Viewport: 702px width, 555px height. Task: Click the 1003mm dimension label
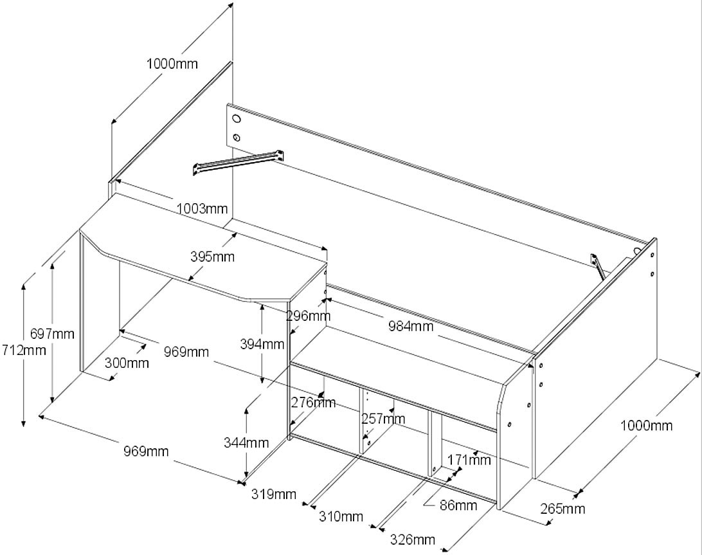[x=202, y=208]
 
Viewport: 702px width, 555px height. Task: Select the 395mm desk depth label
[x=212, y=257]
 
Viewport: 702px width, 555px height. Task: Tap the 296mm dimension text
[x=309, y=316]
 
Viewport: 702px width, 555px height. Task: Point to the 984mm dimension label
[x=410, y=326]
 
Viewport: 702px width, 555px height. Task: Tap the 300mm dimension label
[x=127, y=363]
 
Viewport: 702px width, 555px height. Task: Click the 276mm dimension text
[x=314, y=403]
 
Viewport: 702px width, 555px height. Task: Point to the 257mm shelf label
[x=383, y=419]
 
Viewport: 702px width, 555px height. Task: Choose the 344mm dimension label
[x=246, y=442]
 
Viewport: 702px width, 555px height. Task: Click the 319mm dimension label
[x=274, y=494]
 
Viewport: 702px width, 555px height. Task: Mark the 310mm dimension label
[x=341, y=516]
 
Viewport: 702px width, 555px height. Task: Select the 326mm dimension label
[x=413, y=540]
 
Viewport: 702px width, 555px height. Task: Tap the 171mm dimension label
[x=469, y=460]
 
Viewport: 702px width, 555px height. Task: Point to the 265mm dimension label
[x=562, y=509]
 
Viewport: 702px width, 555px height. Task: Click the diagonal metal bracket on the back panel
[x=239, y=161]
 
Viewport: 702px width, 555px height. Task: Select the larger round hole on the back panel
[x=236, y=119]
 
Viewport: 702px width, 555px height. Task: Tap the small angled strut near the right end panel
[x=597, y=266]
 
